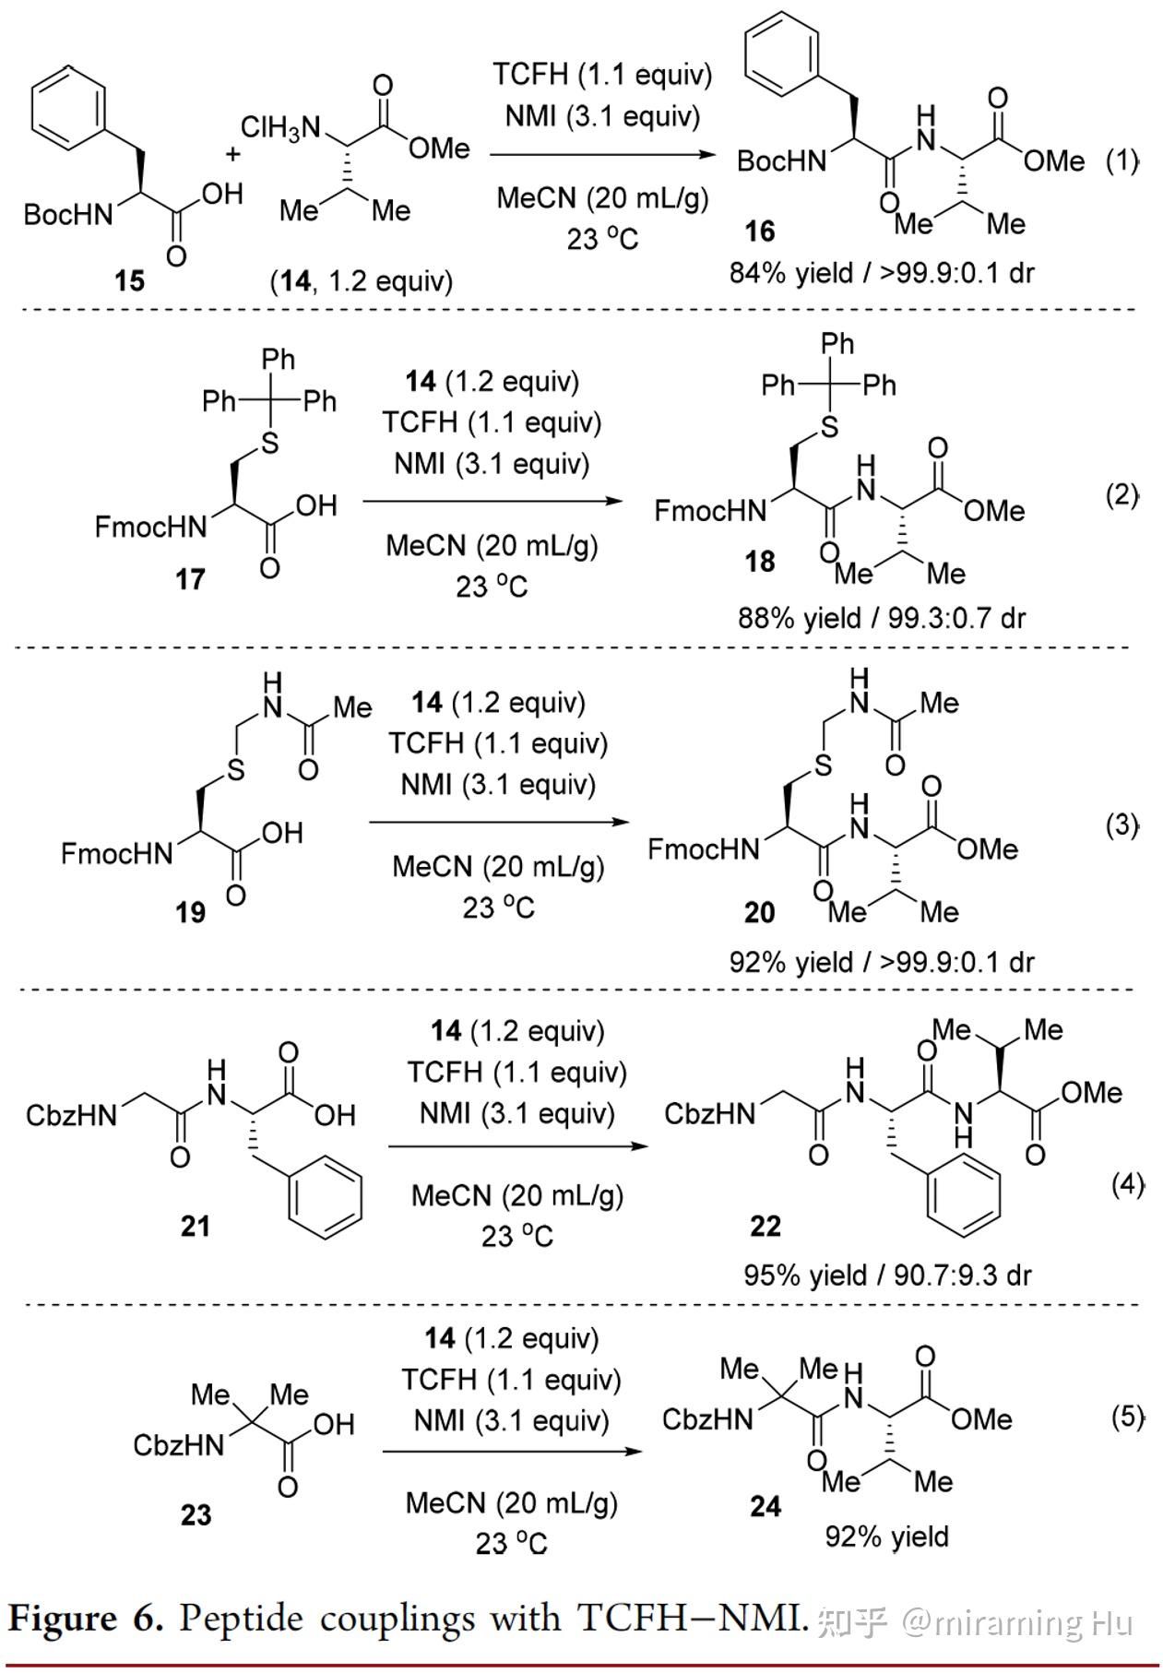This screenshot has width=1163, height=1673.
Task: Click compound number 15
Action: click(x=130, y=279)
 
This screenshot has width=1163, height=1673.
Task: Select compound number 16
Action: click(x=760, y=231)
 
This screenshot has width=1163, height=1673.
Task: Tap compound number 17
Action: click(x=190, y=579)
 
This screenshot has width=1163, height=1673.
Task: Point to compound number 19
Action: click(x=190, y=912)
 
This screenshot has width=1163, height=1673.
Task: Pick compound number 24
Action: click(x=765, y=1506)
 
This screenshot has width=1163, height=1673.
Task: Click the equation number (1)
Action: click(x=1122, y=161)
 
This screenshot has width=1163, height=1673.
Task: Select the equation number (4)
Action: click(x=1127, y=1184)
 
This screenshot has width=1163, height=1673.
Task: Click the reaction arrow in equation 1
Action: click(x=602, y=154)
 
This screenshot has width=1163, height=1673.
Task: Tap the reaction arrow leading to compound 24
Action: click(x=512, y=1451)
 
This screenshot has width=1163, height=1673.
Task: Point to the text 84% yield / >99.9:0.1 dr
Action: click(x=882, y=273)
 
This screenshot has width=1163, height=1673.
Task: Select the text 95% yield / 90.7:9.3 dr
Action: click(x=887, y=1275)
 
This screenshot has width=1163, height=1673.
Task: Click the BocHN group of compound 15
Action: click(x=68, y=215)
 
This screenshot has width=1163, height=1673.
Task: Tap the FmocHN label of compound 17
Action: click(x=151, y=527)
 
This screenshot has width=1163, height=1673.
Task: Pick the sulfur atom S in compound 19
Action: click(x=237, y=770)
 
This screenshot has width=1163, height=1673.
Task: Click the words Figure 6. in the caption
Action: click(x=86, y=1619)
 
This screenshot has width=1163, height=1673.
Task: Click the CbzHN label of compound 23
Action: click(x=179, y=1444)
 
